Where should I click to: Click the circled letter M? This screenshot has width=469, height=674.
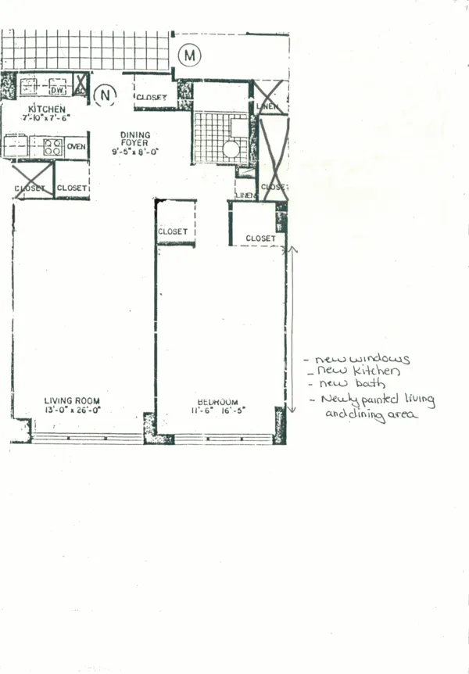(x=188, y=55)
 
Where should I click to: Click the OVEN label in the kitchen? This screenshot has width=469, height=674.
(x=76, y=146)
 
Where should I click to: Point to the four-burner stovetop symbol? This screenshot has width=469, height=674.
(x=52, y=146)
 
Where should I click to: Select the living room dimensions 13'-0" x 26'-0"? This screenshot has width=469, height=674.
(x=72, y=410)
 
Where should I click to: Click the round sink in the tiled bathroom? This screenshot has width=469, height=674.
(x=232, y=149)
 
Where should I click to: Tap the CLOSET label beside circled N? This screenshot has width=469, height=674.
(x=151, y=98)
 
